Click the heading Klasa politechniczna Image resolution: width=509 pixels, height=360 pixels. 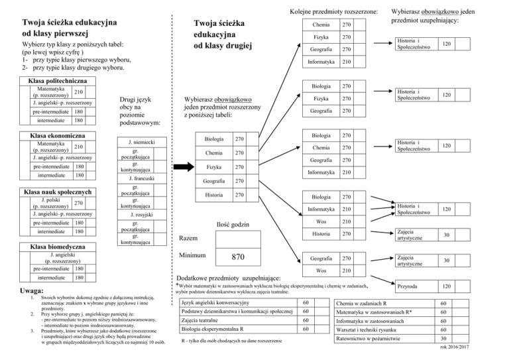(x=54, y=82)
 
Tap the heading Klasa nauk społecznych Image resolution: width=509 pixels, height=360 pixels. (x=54, y=192)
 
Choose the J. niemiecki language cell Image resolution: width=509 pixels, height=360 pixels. (x=136, y=142)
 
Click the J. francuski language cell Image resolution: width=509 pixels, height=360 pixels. (x=136, y=178)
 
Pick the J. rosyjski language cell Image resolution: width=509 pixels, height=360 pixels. (x=136, y=215)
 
